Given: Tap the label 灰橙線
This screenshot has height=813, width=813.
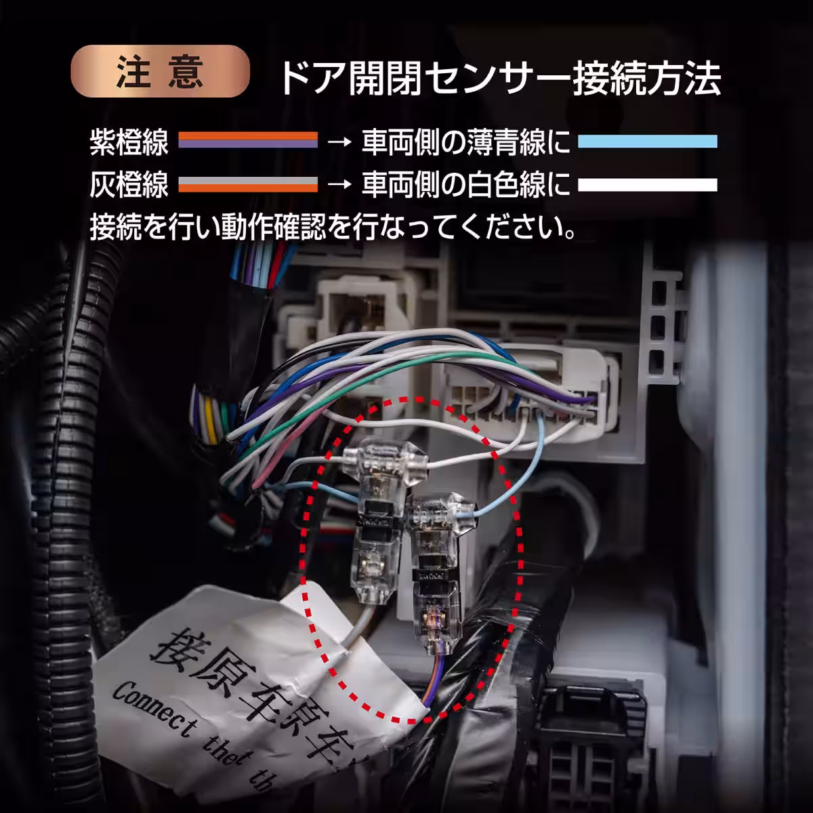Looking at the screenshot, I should click(x=129, y=184).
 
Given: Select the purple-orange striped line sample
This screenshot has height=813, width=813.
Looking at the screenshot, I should click(x=248, y=141).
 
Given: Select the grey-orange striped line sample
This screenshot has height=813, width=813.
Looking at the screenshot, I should click(x=248, y=184).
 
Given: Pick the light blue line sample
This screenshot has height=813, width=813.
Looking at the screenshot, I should click(x=647, y=141).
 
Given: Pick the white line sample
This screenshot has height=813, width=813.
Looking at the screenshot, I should click(x=647, y=184).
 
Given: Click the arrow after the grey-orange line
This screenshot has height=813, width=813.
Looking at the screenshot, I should click(x=339, y=184).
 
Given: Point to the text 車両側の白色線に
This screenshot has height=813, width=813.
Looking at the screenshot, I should click(x=465, y=184).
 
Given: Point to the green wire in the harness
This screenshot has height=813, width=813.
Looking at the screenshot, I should click(x=379, y=379).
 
